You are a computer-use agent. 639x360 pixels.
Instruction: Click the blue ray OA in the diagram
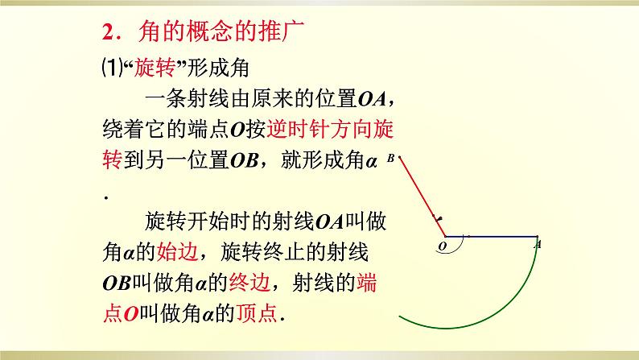491,237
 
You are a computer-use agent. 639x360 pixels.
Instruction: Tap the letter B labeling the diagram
390,159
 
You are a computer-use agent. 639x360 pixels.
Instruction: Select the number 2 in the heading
107,33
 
